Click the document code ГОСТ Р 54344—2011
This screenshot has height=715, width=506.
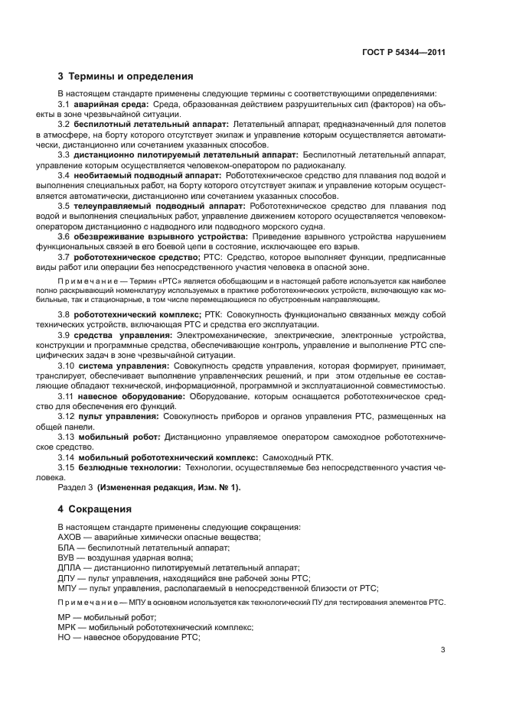403,53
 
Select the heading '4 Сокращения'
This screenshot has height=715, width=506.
95,509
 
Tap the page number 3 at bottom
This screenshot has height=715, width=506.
443,651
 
